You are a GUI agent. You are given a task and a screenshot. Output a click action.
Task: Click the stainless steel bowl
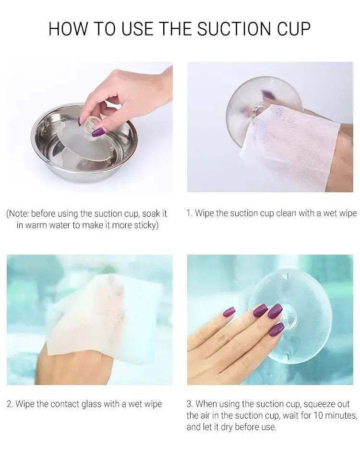point(84,143)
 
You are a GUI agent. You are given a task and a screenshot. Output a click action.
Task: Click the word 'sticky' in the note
point(144,225)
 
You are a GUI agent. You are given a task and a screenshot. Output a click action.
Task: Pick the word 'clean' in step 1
point(287,213)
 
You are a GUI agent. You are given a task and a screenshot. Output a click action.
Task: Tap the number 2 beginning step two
point(9,404)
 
